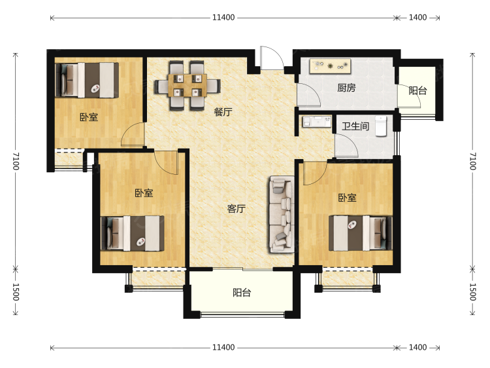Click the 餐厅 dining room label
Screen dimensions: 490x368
(x=223, y=112)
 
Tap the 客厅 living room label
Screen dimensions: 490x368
(x=237, y=208)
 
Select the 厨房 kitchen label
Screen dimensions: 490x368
(x=346, y=88)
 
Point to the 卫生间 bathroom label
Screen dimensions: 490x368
(x=355, y=126)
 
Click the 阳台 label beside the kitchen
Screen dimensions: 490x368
(x=418, y=91)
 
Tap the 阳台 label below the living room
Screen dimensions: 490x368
(x=242, y=293)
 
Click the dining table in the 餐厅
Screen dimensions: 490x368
(x=188, y=86)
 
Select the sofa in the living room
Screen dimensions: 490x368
(x=282, y=215)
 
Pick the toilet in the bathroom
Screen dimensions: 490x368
(x=382, y=126)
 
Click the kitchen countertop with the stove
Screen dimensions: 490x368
(x=330, y=66)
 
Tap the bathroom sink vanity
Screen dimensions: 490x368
(x=317, y=121)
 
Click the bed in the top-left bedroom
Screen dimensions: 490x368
(x=87, y=80)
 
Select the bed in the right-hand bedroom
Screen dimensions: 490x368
(x=360, y=232)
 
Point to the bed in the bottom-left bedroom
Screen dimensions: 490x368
(x=133, y=233)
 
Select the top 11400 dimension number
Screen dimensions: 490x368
(x=223, y=17)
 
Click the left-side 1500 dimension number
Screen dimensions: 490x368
(x=16, y=291)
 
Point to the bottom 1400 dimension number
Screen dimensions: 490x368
(x=418, y=347)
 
